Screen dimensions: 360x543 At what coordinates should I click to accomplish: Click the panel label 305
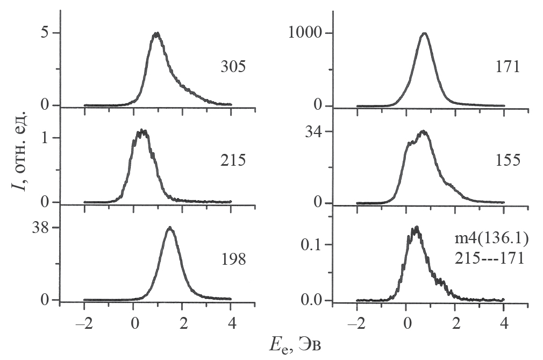pos(233,67)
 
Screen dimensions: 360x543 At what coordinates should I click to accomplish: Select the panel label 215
pos(233,161)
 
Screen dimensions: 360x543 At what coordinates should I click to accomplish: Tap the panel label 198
pos(233,260)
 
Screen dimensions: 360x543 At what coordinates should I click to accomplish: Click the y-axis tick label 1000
pos(304,33)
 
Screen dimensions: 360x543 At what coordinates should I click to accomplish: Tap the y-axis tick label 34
pos(314,132)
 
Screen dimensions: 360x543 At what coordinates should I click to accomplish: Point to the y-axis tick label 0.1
pos(312,245)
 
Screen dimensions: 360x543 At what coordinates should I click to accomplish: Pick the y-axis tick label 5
pos(47,33)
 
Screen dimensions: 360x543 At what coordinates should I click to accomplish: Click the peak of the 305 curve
pos(156,33)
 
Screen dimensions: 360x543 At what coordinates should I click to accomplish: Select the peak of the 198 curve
pos(170,228)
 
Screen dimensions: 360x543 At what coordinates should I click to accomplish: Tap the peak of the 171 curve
pos(425,33)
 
